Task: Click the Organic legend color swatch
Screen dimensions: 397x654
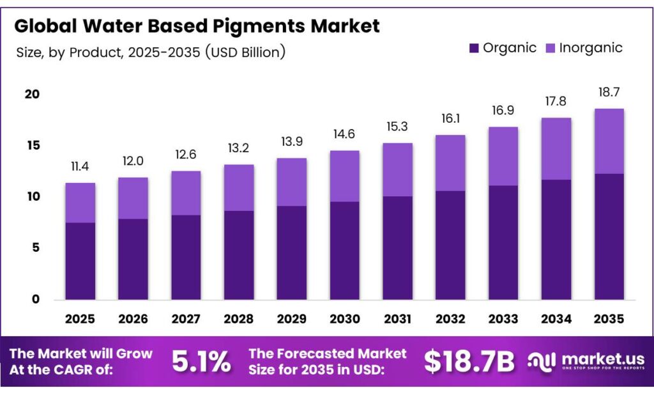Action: click(x=473, y=49)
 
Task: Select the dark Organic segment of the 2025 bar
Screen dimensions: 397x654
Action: click(x=80, y=261)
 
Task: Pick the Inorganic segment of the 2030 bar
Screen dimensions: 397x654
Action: click(x=344, y=176)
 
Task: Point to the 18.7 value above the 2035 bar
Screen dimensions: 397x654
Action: click(x=609, y=92)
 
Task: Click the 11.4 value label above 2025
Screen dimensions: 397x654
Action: click(x=80, y=167)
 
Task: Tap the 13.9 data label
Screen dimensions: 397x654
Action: click(x=291, y=142)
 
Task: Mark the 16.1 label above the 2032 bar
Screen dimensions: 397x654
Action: click(x=450, y=119)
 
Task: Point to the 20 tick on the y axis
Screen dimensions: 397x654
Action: click(x=32, y=95)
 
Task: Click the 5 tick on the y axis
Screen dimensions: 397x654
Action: click(x=36, y=247)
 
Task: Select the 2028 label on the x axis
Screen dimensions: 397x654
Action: click(x=239, y=318)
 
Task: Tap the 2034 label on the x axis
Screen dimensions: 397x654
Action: click(x=556, y=318)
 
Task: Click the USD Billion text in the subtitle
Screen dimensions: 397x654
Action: click(x=246, y=52)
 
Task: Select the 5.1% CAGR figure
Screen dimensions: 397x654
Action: click(x=201, y=362)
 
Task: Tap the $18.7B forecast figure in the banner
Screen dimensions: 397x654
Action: click(x=469, y=362)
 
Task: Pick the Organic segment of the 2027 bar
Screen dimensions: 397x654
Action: click(x=186, y=257)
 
